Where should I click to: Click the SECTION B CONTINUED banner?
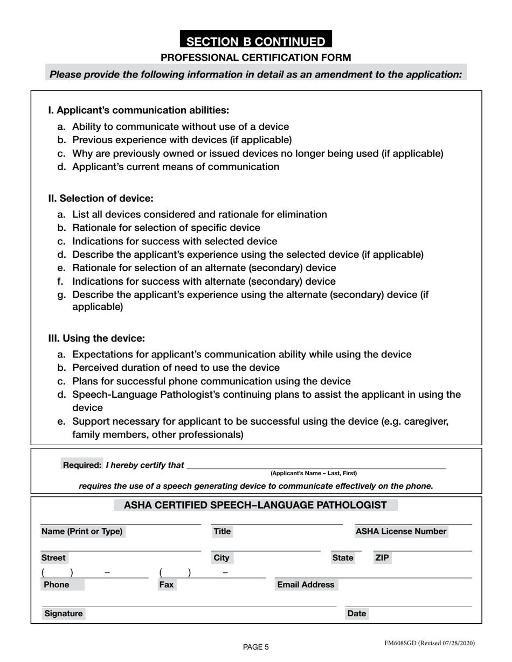coord(255,41)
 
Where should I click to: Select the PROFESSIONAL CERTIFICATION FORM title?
coord(256,58)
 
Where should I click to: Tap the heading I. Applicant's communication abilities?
coord(139,110)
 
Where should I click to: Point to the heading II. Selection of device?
coord(101,198)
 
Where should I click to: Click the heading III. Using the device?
coord(96,339)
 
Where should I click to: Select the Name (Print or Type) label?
coord(82,532)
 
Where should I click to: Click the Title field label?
coord(222,532)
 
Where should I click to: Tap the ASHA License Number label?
coord(401,532)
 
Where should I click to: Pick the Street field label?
coord(53,558)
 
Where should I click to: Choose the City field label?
coord(222,558)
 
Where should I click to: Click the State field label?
coord(343,558)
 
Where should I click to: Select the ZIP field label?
coord(382,558)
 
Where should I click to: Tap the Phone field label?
coord(57,584)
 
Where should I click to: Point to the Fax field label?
coord(166,584)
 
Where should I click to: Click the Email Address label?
coord(306,584)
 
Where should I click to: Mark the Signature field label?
coord(64,614)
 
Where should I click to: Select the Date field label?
coord(357,614)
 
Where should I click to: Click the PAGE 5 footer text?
coord(255,647)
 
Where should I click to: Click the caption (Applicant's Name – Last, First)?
coord(313,474)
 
